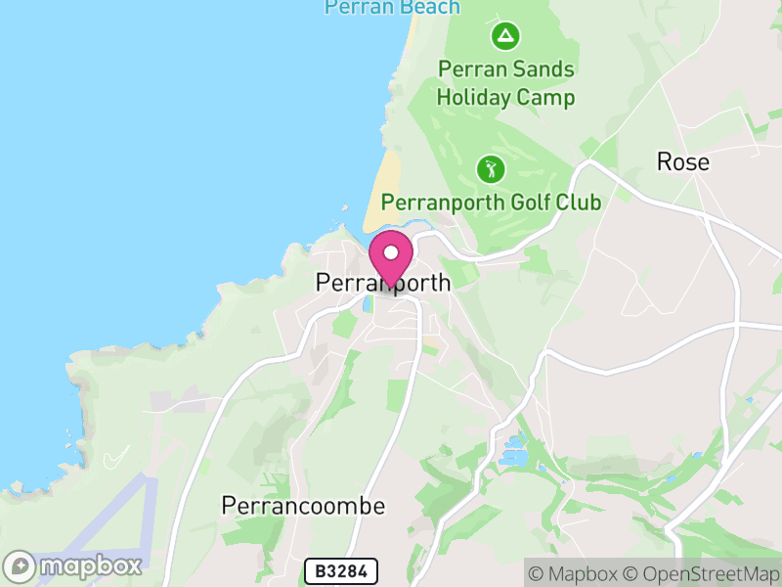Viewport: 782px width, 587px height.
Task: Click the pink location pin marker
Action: tap(391, 257)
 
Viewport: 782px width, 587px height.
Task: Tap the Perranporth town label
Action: tap(383, 283)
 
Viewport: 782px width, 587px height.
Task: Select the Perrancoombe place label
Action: tap(303, 506)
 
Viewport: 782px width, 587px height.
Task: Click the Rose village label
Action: tap(682, 161)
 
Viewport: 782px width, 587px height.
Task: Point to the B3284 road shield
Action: tap(340, 571)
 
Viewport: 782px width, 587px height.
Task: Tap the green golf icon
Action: tap(491, 169)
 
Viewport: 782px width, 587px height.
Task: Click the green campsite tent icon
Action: tap(505, 38)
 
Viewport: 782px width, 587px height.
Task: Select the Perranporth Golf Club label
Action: tap(491, 202)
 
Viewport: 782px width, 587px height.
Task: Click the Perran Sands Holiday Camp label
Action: tap(505, 83)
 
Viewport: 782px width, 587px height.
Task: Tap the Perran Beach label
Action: tap(391, 8)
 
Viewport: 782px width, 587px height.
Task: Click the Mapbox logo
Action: tap(73, 565)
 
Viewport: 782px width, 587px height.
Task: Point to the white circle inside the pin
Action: tap(391, 252)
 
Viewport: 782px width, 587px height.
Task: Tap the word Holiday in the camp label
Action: tap(473, 98)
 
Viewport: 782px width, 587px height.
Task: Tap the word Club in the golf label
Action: tap(580, 202)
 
